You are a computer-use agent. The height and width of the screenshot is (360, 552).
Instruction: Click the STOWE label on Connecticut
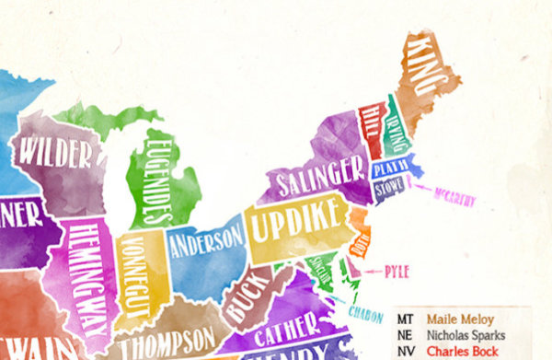(x=387, y=188)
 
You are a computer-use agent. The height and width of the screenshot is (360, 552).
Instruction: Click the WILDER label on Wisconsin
(x=56, y=151)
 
